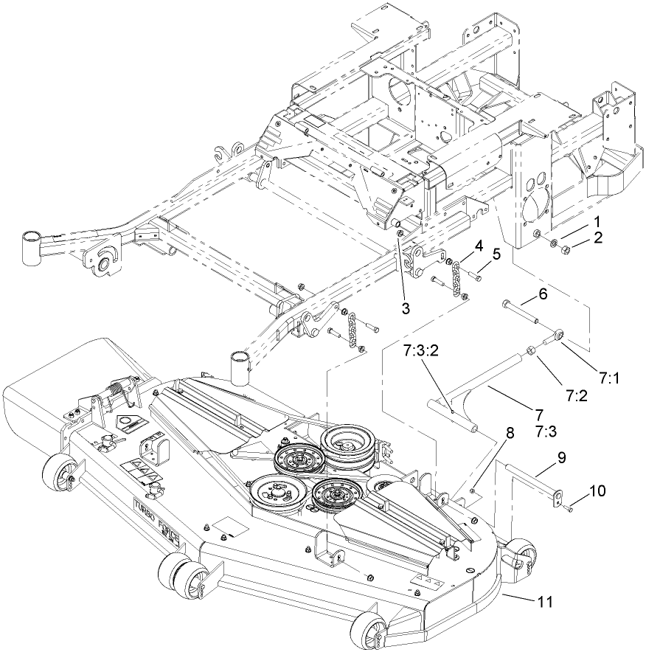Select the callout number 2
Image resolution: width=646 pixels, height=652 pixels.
pos(597,237)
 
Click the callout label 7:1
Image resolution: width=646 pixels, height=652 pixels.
pos(608,378)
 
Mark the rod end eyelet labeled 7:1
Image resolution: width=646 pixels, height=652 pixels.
pos(561,336)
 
